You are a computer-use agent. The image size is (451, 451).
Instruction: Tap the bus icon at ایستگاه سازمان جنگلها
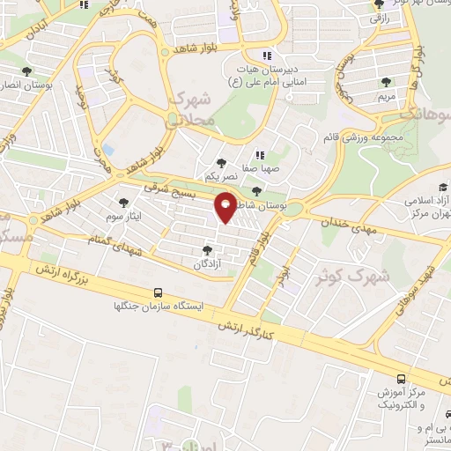click(158, 292)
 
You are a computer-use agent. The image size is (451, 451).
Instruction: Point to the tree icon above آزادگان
click(208, 249)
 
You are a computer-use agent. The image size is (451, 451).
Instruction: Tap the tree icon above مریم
click(386, 82)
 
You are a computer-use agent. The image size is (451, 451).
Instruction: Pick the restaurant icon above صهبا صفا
click(260, 156)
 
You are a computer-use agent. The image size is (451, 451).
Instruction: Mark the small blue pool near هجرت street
click(107, 147)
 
